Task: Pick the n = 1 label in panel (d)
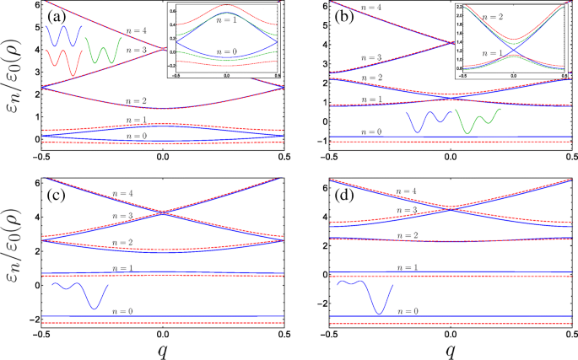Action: tap(411, 266)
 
